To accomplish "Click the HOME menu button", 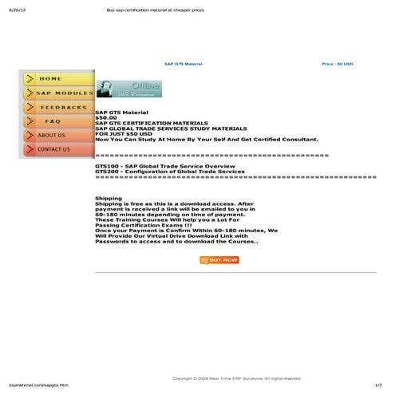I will (x=56, y=79).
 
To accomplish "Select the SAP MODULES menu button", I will (x=56, y=93).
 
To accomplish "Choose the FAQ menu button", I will (x=56, y=121).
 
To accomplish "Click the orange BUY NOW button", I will (x=219, y=260).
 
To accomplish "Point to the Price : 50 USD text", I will (x=338, y=63).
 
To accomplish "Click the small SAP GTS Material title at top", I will (x=184, y=63).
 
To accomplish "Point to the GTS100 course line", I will (x=160, y=166).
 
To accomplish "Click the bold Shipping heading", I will (x=109, y=198).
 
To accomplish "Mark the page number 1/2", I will (x=378, y=385).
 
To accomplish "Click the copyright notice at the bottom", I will (x=237, y=377).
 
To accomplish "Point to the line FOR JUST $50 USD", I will (x=124, y=133).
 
